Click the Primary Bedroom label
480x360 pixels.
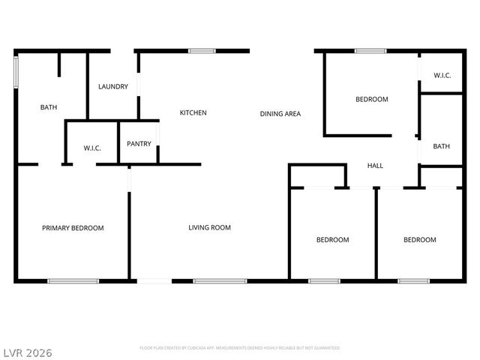tap(73, 228)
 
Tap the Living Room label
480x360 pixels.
tap(209, 228)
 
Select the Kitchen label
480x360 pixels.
tap(193, 113)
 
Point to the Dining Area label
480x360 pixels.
tap(280, 114)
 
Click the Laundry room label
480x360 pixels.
tap(113, 87)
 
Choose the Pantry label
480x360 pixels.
tap(139, 144)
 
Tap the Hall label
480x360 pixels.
tap(375, 166)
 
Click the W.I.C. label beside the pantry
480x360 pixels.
tap(92, 148)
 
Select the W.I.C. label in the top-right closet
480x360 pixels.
tap(442, 76)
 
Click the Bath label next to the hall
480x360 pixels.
tap(442, 146)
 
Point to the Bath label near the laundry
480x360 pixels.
tap(49, 108)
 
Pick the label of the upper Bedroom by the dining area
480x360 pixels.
tap(372, 100)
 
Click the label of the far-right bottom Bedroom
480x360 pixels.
tap(420, 240)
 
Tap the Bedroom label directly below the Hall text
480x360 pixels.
tap(332, 240)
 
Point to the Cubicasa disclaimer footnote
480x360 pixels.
tap(240, 348)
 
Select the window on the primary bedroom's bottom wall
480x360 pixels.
tap(73, 281)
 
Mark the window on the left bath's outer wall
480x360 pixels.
tap(16, 74)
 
